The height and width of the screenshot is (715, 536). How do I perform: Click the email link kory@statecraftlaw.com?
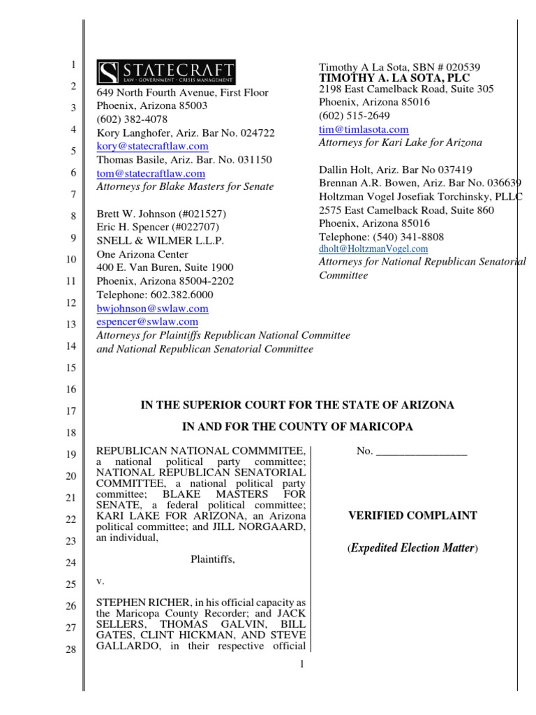tap(151, 146)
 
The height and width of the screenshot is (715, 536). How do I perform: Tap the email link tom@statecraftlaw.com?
tap(150, 173)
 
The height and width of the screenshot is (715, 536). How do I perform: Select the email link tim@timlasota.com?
tap(364, 129)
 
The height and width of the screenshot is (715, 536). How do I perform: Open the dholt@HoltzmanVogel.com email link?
tap(373, 249)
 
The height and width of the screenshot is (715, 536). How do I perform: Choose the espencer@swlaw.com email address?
tap(147, 322)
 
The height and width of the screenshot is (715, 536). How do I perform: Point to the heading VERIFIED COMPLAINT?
tap(412, 516)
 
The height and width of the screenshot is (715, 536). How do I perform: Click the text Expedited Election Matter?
tap(412, 549)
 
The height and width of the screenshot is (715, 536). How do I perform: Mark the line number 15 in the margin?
tap(70, 367)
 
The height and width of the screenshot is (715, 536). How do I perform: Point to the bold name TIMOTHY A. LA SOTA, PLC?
tap(394, 78)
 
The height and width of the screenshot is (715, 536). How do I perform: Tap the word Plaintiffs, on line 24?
tap(214, 559)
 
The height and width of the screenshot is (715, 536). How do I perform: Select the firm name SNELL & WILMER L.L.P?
tap(149, 240)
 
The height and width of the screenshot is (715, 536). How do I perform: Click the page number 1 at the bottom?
tap(302, 663)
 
